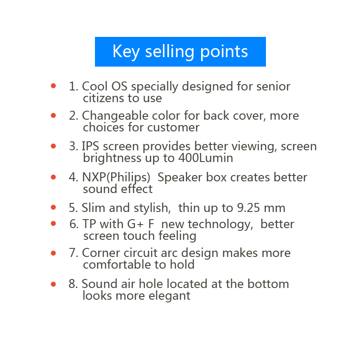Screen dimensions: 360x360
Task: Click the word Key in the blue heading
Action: (126, 52)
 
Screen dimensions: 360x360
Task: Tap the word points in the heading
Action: (224, 52)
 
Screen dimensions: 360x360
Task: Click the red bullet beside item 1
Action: (53, 86)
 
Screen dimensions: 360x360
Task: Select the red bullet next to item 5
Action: (53, 207)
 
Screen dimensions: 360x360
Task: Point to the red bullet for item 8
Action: (53, 284)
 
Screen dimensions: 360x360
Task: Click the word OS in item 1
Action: (119, 86)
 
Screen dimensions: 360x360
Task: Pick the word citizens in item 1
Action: (103, 98)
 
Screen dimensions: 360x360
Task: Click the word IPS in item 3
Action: (90, 147)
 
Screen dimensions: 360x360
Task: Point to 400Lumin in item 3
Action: (206, 158)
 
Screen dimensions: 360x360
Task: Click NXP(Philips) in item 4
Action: (116, 178)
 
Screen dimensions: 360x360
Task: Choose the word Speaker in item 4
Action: (180, 178)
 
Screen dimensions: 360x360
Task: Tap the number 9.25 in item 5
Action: (248, 208)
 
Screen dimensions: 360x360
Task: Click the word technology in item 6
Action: (220, 225)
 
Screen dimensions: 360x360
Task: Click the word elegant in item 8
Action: (170, 296)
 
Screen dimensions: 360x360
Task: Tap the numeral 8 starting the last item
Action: (72, 284)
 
